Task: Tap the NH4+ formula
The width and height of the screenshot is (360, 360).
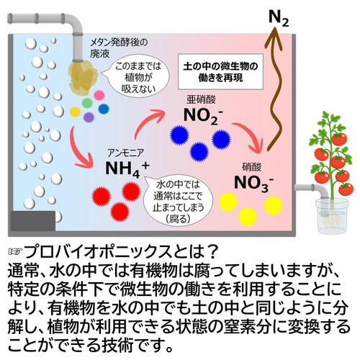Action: click(x=127, y=169)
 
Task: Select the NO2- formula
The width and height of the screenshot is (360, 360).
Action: click(x=203, y=116)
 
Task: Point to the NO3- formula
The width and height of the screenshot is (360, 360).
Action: click(x=253, y=184)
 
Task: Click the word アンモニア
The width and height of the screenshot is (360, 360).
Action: click(x=126, y=153)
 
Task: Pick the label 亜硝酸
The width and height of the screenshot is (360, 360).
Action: click(x=201, y=100)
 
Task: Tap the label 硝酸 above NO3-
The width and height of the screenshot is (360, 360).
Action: click(x=251, y=167)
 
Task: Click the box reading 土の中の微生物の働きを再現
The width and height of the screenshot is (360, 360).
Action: click(x=220, y=72)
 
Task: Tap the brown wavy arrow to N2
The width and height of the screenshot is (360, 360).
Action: click(x=274, y=91)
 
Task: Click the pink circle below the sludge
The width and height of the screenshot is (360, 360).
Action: click(x=99, y=95)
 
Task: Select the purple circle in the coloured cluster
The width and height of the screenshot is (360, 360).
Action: click(x=89, y=117)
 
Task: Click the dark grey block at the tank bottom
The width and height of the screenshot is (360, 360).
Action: click(x=33, y=221)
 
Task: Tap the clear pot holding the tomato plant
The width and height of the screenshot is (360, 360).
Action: click(x=331, y=215)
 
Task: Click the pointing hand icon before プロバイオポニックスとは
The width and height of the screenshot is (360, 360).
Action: click(x=15, y=252)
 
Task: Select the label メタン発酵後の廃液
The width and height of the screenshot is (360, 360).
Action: click(x=119, y=48)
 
